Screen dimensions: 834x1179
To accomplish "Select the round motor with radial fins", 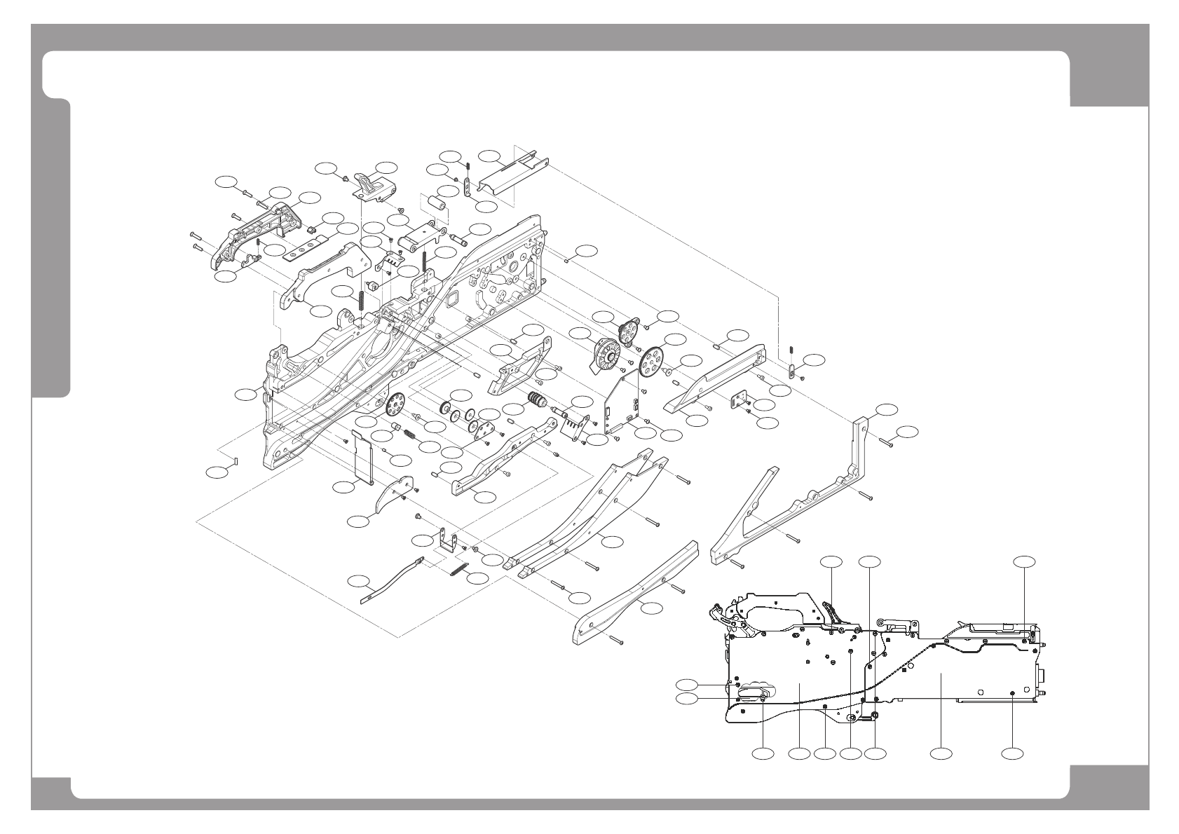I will pos(604,355).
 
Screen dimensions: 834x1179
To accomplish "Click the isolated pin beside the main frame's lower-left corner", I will pos(238,460).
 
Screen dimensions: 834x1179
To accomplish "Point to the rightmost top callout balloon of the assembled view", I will pos(1025,561).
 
